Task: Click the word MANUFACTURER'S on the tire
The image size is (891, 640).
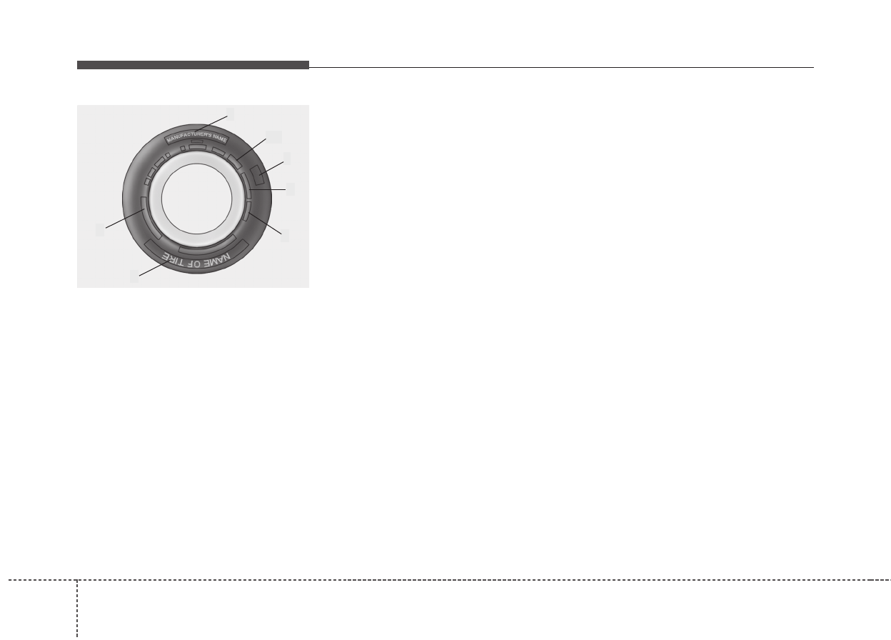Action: (189, 136)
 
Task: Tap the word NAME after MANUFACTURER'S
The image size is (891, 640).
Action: (220, 138)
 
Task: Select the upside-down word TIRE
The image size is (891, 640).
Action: (173, 259)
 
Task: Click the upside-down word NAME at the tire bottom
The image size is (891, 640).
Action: (217, 260)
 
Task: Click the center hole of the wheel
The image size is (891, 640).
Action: (196, 199)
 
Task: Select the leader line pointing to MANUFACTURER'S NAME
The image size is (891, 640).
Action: (211, 124)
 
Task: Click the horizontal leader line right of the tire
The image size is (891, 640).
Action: (267, 189)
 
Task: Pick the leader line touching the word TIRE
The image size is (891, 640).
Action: (153, 268)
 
